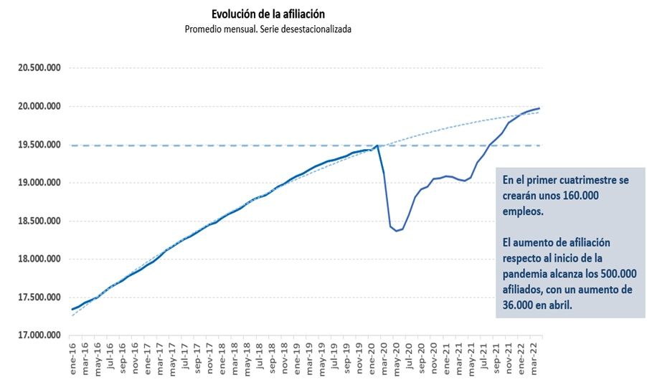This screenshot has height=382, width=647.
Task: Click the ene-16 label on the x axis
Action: (73, 356)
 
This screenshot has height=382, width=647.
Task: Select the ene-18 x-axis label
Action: (223, 356)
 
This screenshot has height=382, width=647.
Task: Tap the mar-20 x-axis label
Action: (385, 356)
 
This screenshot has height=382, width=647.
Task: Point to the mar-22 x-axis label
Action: (535, 356)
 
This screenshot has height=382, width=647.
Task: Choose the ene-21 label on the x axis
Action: (448, 356)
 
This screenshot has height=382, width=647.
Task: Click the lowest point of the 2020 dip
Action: (397, 231)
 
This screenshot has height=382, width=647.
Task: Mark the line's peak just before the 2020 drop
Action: (377, 145)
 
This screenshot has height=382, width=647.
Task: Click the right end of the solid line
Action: (539, 108)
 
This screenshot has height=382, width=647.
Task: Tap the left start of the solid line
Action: (72, 310)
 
